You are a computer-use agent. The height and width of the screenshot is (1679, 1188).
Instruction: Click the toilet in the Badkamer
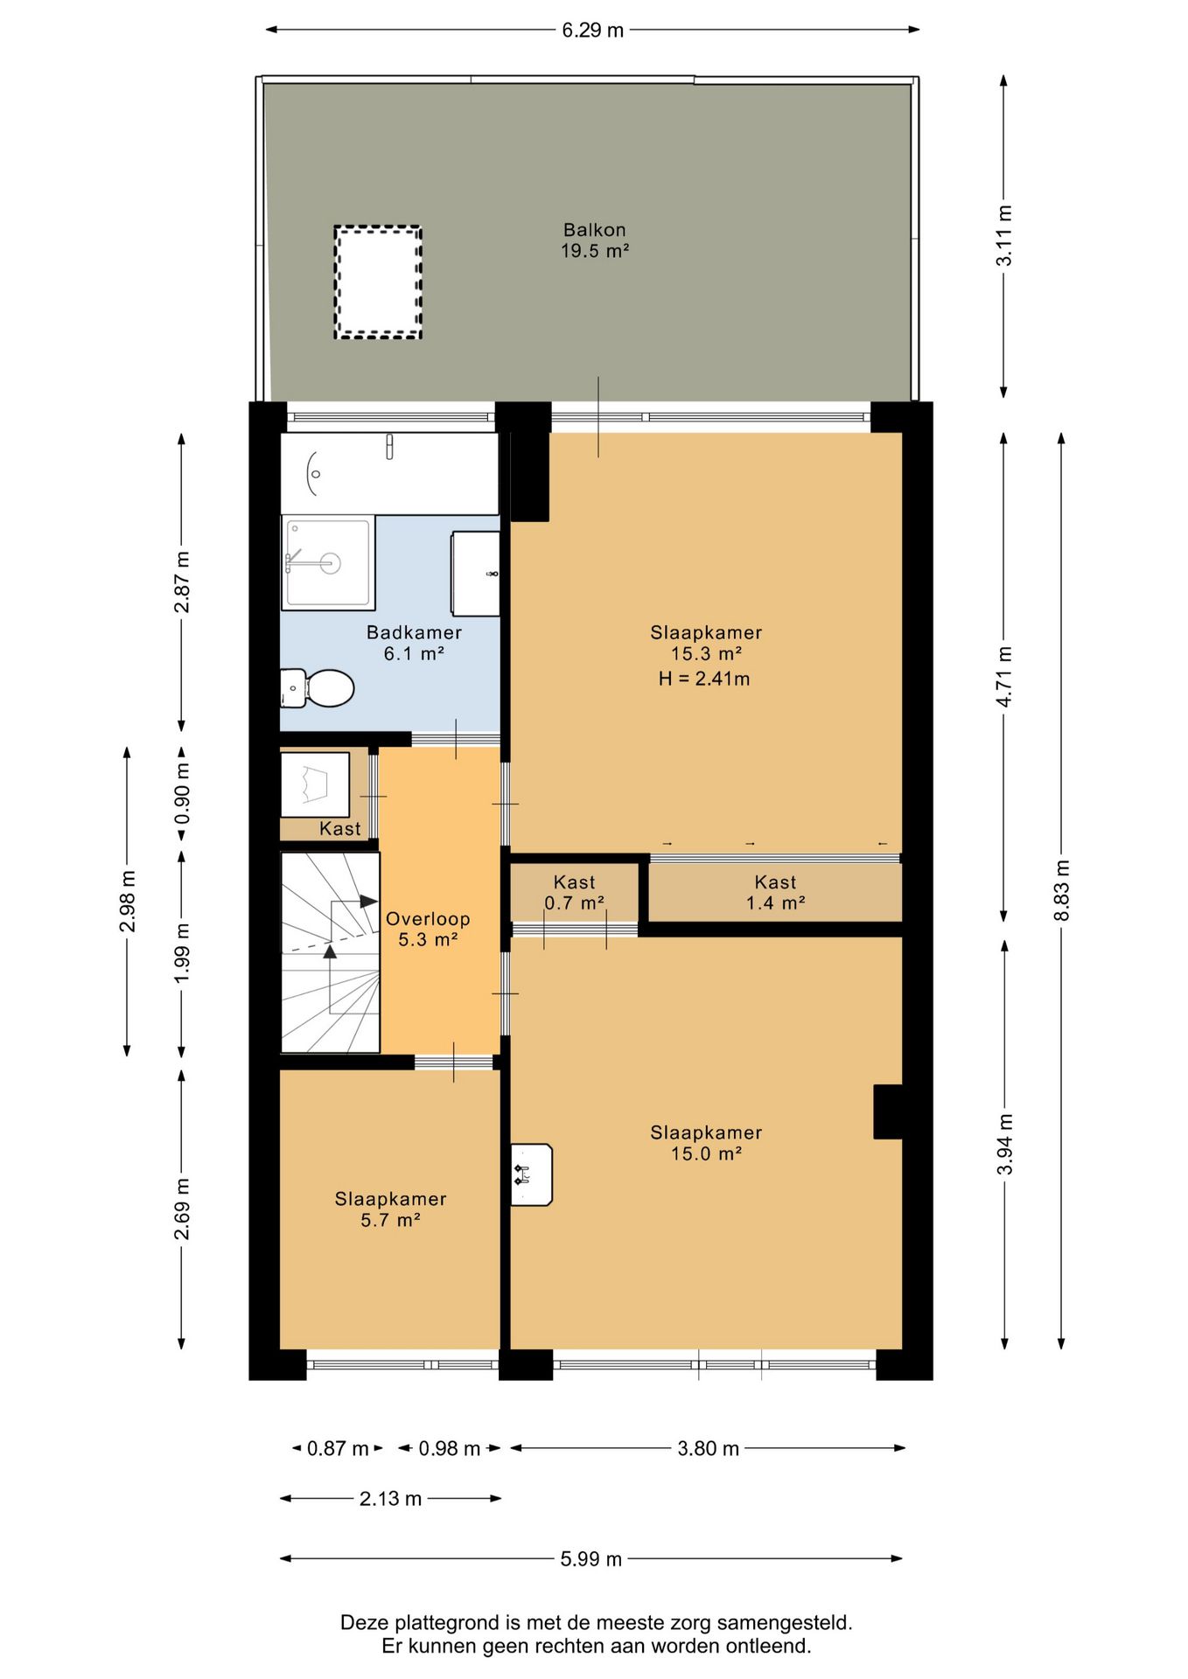click(320, 688)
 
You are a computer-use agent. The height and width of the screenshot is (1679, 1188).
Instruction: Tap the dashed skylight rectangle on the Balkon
click(378, 282)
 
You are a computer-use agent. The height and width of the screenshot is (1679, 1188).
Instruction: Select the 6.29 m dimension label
click(592, 31)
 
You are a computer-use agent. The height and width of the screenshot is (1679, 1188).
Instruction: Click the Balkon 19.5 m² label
click(595, 240)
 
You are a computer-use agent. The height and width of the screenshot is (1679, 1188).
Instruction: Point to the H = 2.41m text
click(704, 679)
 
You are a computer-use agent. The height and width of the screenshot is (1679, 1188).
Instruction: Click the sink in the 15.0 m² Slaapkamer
click(531, 1174)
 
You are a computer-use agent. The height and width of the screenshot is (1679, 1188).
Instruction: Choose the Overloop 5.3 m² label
click(428, 929)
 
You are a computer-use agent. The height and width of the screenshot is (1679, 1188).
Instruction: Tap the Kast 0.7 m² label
click(574, 893)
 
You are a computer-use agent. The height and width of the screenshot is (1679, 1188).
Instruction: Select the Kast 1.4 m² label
click(775, 893)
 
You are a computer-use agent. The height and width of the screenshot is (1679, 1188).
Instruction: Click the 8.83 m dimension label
click(1062, 889)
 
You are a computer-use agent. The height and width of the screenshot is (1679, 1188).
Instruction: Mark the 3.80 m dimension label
click(708, 1449)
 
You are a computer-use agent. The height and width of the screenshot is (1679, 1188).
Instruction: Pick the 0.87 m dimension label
click(338, 1449)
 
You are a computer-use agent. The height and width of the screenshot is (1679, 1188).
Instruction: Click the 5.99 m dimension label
click(591, 1559)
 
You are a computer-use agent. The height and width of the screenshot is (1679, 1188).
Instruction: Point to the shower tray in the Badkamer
click(327, 562)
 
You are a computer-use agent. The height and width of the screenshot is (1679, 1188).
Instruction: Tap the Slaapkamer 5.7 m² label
click(390, 1209)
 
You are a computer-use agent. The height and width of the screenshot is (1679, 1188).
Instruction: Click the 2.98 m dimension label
click(128, 901)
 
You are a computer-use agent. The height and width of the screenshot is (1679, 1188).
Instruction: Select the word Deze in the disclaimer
click(364, 1623)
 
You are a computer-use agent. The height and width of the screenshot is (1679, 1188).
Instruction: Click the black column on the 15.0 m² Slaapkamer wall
click(888, 1111)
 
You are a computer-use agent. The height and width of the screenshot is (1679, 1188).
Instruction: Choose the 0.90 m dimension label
click(182, 793)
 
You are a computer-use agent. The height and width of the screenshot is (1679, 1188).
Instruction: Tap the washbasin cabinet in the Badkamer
click(475, 573)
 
